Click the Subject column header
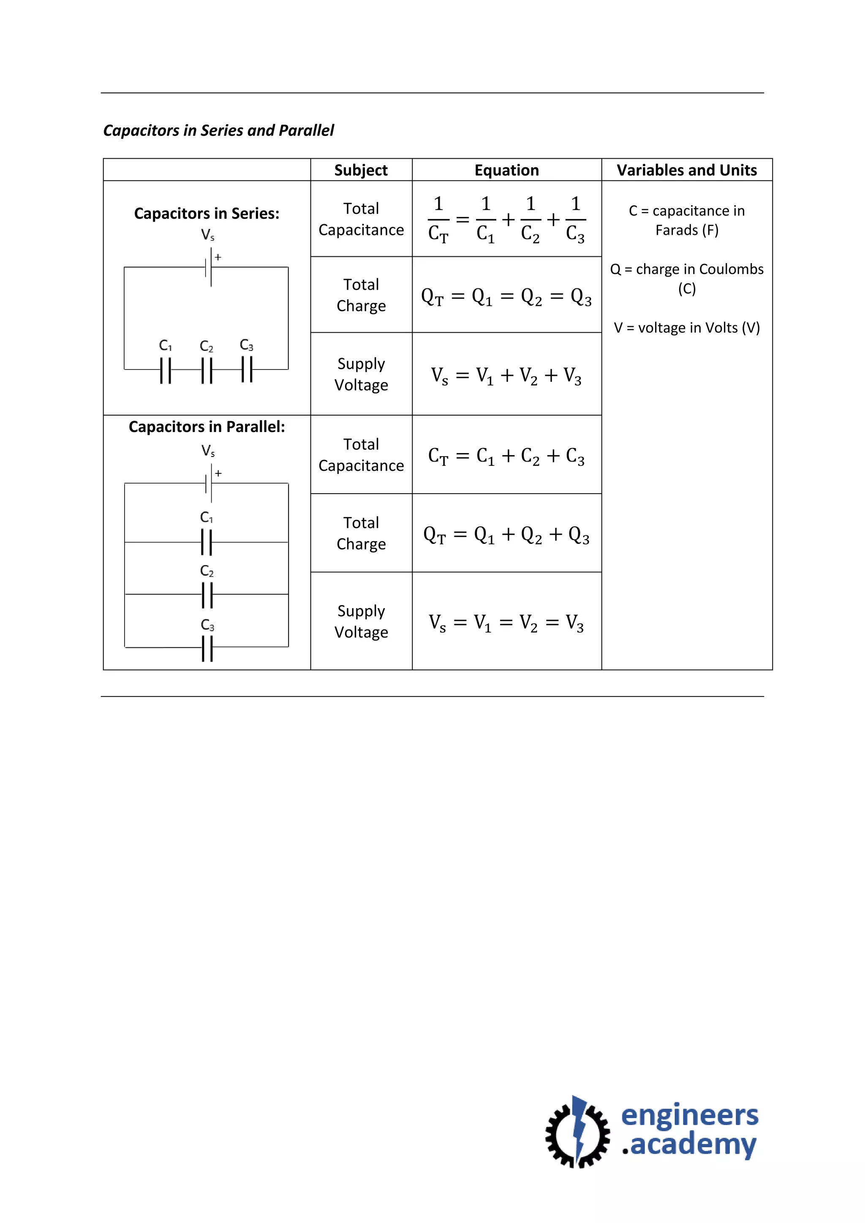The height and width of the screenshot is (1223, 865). point(361,170)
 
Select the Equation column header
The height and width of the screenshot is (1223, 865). point(506,170)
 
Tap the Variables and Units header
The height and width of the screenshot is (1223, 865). point(687,170)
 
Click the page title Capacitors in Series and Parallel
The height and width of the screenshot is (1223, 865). point(218,130)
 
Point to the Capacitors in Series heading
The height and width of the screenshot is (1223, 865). point(207,214)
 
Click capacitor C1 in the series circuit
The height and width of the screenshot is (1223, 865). point(166,370)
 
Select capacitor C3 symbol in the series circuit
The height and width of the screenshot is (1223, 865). point(247,369)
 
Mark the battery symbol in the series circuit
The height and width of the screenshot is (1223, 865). point(208,267)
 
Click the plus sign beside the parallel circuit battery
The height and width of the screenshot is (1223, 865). point(218,473)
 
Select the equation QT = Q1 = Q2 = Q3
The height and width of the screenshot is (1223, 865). point(506,296)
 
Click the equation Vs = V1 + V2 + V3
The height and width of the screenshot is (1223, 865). point(506,375)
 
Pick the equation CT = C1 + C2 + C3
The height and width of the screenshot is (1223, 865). point(506,456)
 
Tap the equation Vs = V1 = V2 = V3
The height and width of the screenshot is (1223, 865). point(506,622)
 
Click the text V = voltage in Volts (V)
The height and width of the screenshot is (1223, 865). point(687,328)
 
